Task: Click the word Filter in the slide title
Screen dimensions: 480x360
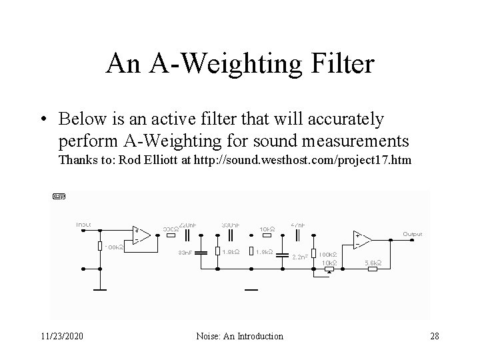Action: click(342, 65)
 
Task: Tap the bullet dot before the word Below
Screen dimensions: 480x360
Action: click(43, 119)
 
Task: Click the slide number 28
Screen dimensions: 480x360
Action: click(434, 336)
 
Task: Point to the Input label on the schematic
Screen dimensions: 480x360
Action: click(83, 224)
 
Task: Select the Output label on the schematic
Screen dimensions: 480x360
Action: click(412, 233)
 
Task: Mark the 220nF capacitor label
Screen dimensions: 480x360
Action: click(188, 225)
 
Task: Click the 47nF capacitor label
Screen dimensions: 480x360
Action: click(298, 225)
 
